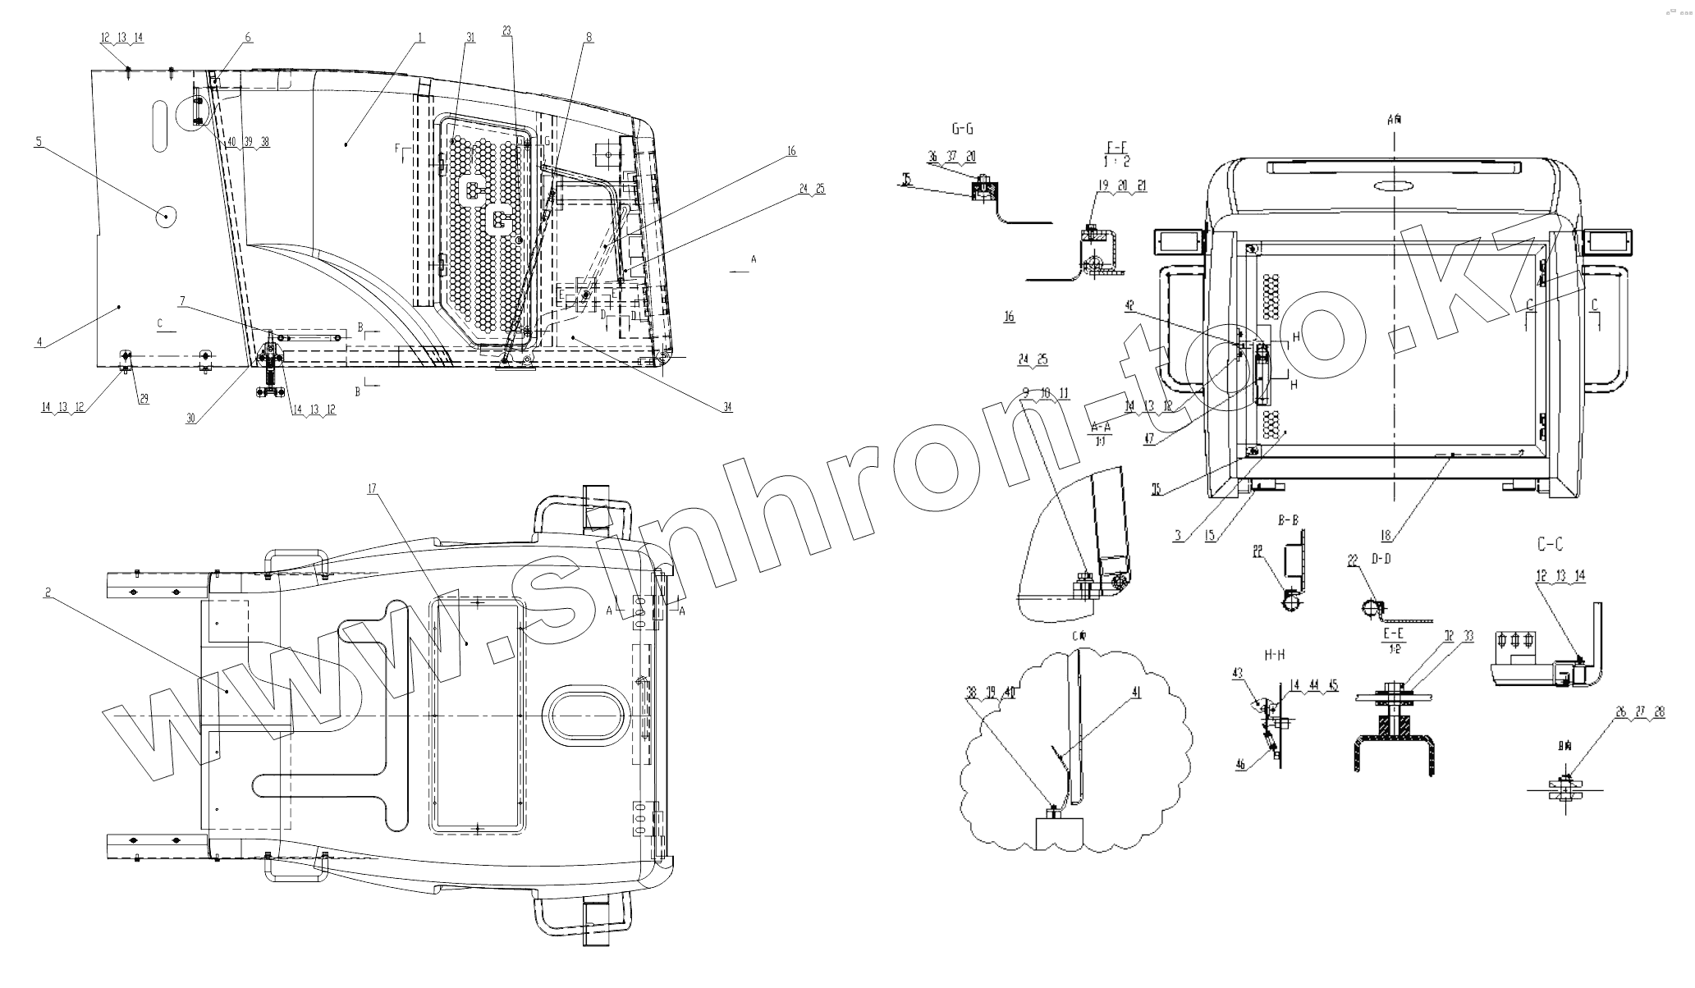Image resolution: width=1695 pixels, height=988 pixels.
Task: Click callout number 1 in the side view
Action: pyautogui.click(x=419, y=37)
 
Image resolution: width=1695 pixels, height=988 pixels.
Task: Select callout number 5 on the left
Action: pyautogui.click(x=38, y=141)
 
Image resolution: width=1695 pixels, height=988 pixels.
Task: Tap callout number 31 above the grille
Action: pyautogui.click(x=470, y=37)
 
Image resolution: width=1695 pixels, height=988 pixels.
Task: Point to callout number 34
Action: pyautogui.click(x=727, y=407)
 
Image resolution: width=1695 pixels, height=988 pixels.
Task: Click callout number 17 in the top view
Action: pyautogui.click(x=372, y=488)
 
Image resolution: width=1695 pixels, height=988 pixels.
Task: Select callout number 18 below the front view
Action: pyautogui.click(x=1386, y=536)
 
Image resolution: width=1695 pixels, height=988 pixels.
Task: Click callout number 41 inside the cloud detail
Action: pyautogui.click(x=1136, y=692)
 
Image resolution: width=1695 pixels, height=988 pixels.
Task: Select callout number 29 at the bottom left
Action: pyautogui.click(x=144, y=399)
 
